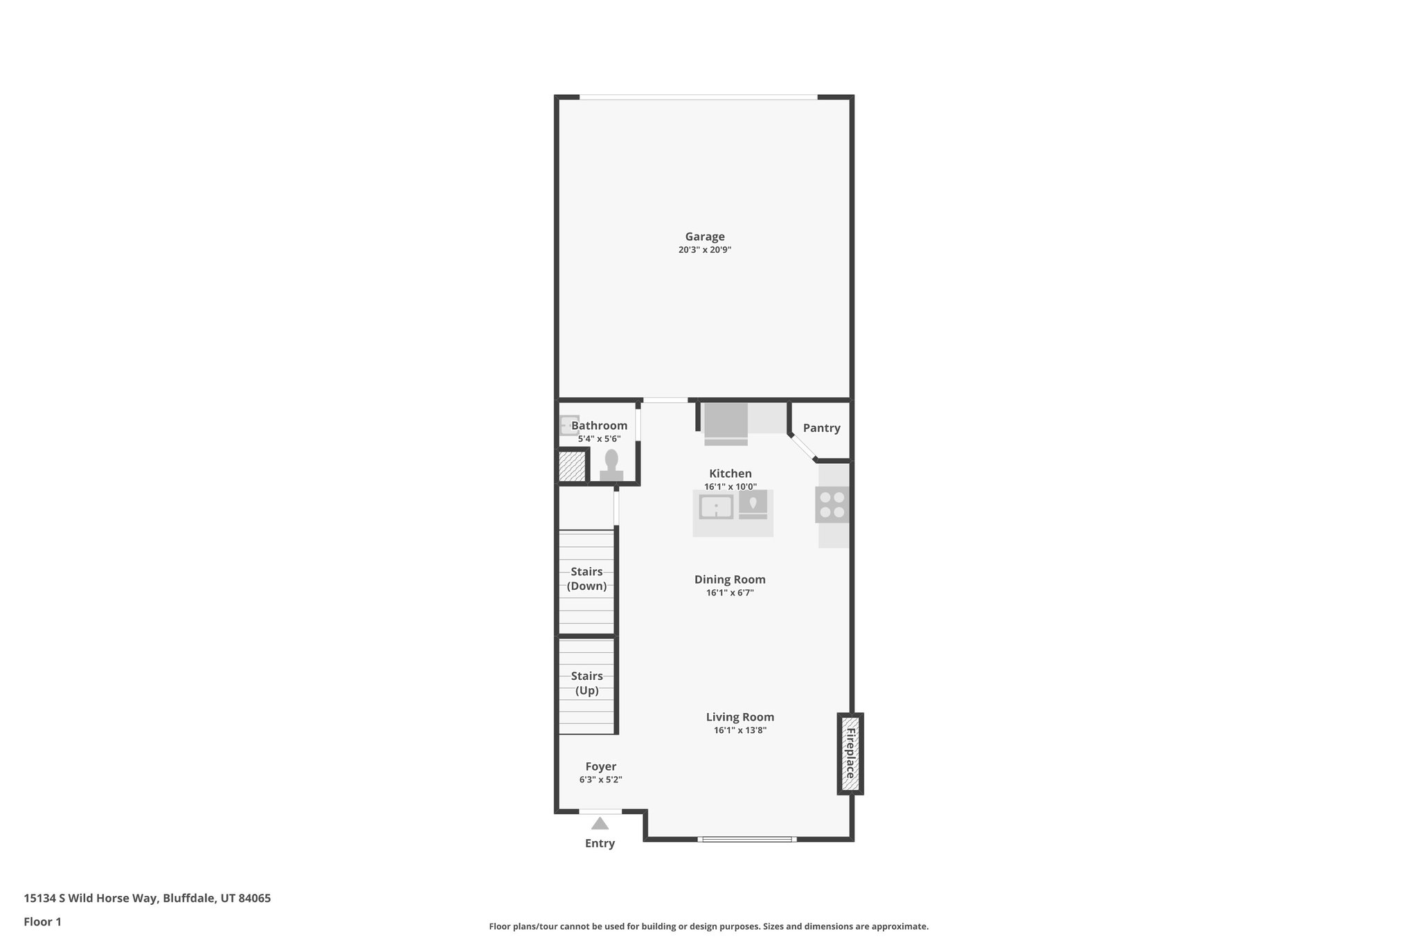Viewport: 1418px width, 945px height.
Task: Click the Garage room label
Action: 705,237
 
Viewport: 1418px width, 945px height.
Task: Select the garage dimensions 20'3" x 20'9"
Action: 705,250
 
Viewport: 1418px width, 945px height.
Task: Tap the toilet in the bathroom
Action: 611,464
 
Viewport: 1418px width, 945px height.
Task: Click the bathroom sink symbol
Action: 569,424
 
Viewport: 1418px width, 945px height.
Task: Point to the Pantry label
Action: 821,428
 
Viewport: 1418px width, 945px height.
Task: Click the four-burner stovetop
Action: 832,505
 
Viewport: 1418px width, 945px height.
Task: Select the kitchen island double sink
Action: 716,507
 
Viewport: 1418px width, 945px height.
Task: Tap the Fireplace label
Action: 850,753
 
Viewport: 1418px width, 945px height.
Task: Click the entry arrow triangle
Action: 600,823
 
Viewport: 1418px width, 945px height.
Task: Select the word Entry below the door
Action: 600,843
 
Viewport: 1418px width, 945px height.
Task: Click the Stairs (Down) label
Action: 586,579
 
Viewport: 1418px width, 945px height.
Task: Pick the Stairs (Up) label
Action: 586,683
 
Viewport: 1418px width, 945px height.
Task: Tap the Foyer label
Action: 600,766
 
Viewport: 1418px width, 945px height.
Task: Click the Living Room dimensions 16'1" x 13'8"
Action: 740,730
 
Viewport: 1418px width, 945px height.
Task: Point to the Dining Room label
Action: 730,579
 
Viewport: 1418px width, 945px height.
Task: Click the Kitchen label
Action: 730,474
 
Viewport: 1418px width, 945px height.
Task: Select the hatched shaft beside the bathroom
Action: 572,467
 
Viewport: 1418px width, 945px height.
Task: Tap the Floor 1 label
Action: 42,921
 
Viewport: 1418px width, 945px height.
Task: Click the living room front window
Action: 746,839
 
